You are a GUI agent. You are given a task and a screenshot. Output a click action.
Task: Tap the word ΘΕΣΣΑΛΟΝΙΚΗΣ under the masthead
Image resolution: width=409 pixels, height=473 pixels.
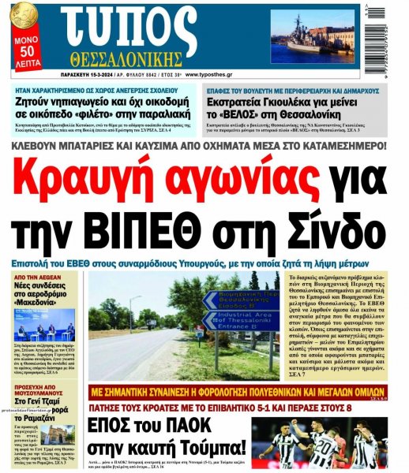coord(130,60)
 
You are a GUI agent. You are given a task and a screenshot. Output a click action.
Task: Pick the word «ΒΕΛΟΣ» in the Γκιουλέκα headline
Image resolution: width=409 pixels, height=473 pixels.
coord(241,112)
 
